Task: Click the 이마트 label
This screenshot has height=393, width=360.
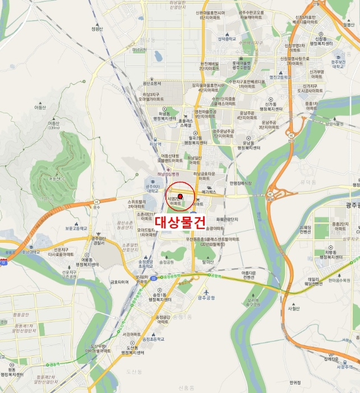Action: tap(198, 204)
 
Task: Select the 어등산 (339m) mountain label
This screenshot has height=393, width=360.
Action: tap(54, 125)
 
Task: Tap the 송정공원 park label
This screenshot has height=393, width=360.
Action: tap(167, 262)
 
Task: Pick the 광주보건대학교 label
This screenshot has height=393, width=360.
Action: tap(338, 62)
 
